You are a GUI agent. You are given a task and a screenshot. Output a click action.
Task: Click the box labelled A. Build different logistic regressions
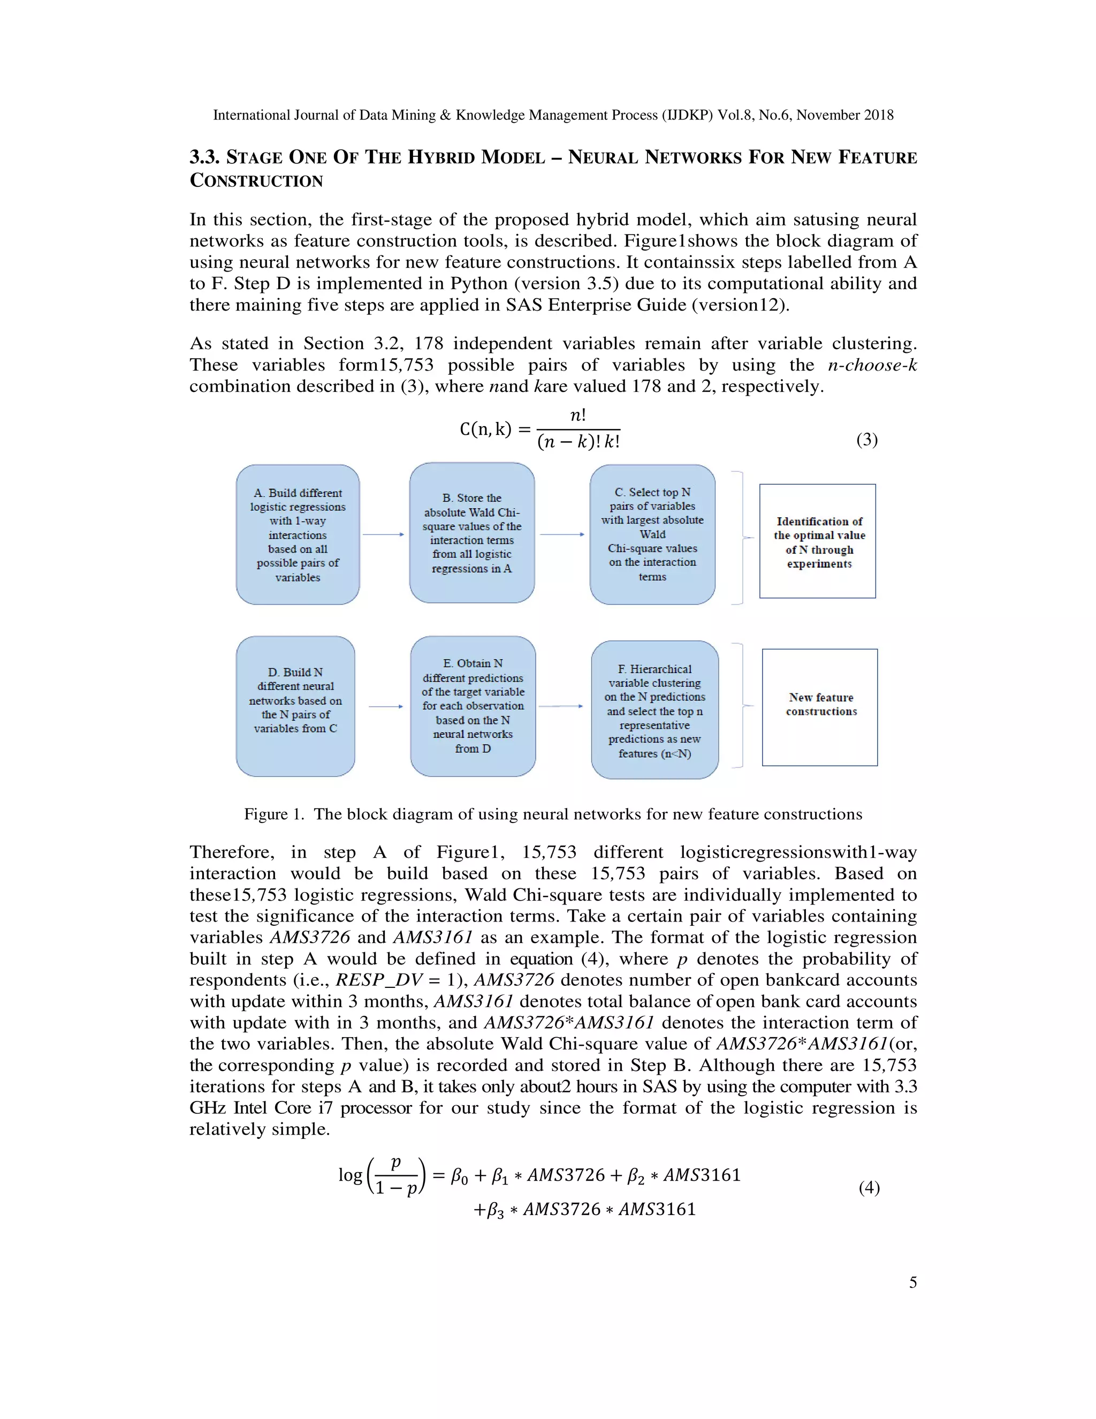click(x=298, y=535)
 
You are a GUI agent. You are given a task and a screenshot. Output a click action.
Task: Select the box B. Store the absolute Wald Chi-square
click(x=472, y=533)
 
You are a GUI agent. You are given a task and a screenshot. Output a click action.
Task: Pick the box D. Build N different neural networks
click(x=295, y=706)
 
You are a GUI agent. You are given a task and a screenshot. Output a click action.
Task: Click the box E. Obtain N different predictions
click(x=473, y=706)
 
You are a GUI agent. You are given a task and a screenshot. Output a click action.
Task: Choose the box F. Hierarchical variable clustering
click(x=654, y=710)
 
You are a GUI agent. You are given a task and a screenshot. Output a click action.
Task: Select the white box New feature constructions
click(x=819, y=707)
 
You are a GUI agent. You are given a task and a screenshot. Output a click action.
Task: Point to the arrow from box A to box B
click(x=383, y=534)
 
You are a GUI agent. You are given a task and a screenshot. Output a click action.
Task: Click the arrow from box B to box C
click(x=561, y=534)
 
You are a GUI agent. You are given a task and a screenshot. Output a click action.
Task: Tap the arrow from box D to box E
click(x=386, y=706)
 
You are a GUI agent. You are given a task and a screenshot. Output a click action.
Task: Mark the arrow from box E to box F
click(x=561, y=706)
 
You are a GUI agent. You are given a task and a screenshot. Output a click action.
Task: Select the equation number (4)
click(x=869, y=1188)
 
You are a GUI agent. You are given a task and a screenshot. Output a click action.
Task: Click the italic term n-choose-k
click(x=872, y=365)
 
